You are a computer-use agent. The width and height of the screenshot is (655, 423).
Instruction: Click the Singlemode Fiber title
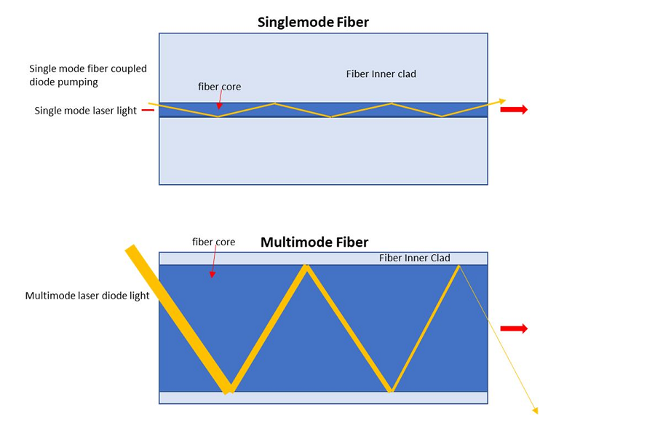(x=313, y=22)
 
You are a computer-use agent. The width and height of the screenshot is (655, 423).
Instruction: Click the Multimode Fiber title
(x=314, y=242)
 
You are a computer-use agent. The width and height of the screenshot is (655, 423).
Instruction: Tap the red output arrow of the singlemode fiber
(x=514, y=110)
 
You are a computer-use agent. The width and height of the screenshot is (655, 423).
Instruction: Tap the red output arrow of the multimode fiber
(x=514, y=329)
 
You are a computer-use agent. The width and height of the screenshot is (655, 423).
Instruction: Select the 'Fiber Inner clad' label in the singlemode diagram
(x=381, y=74)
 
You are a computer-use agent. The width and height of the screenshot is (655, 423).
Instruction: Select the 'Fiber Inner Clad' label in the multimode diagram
(x=415, y=258)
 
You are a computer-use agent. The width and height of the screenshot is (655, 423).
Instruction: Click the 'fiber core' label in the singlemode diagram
(x=219, y=87)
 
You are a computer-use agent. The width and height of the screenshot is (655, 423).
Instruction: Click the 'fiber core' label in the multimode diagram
(x=213, y=242)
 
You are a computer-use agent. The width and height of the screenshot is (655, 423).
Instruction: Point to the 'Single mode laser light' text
(x=86, y=111)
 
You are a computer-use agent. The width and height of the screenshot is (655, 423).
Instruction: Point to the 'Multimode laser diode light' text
(x=87, y=296)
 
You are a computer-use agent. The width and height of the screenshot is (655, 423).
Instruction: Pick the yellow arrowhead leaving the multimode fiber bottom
(x=535, y=409)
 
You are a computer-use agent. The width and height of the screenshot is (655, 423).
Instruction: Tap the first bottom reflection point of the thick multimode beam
(x=229, y=389)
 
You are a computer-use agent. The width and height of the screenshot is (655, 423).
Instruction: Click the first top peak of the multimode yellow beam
(x=307, y=267)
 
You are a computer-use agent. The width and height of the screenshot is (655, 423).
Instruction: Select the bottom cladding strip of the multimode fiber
(x=323, y=398)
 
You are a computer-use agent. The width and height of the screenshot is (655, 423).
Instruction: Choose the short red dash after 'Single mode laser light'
(x=148, y=111)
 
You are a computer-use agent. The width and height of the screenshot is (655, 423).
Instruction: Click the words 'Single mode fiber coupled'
(x=87, y=69)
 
